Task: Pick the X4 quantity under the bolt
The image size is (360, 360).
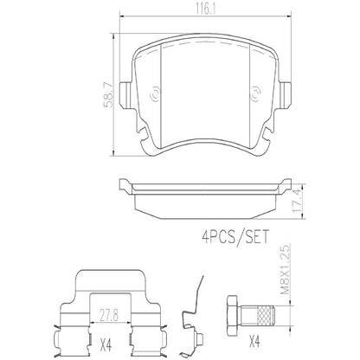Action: pos(279,344)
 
